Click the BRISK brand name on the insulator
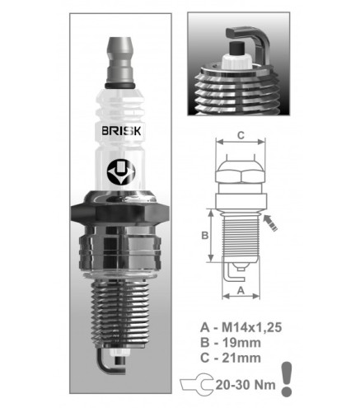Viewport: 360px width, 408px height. point(121,131)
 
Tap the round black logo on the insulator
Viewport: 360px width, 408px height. point(121,171)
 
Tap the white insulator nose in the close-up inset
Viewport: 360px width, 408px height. point(236,61)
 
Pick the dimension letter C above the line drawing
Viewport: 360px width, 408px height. point(241,135)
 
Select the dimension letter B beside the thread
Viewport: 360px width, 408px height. point(205,236)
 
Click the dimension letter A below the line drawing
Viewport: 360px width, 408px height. point(241,290)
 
